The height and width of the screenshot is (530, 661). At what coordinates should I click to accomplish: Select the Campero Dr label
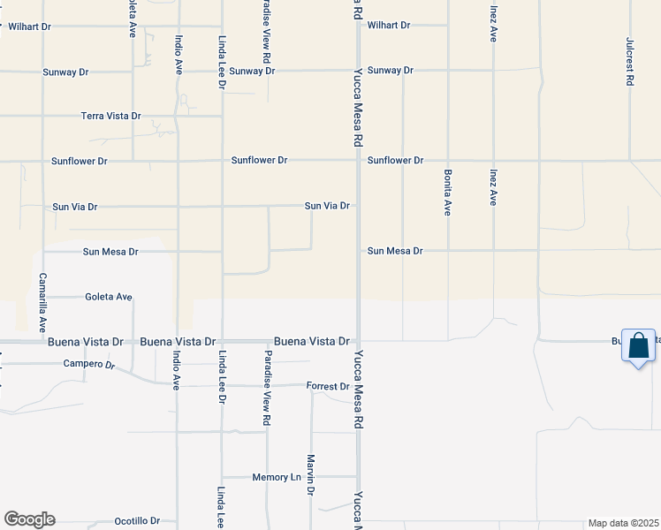pyautogui.click(x=89, y=364)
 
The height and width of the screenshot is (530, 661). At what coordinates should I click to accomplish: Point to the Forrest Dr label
pyautogui.click(x=328, y=386)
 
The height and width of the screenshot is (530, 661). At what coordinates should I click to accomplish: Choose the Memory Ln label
pyautogui.click(x=277, y=477)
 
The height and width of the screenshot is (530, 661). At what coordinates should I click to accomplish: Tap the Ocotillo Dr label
pyautogui.click(x=136, y=521)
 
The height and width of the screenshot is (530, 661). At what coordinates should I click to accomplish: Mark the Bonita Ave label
pyautogui.click(x=448, y=193)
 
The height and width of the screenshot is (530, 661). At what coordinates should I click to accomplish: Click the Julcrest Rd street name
pyautogui.click(x=630, y=61)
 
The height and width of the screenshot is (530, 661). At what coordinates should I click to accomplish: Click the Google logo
pyautogui.click(x=29, y=519)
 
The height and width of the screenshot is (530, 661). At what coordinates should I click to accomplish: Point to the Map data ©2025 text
pyautogui.click(x=623, y=523)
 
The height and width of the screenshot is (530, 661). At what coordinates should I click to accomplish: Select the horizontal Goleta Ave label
pyautogui.click(x=109, y=297)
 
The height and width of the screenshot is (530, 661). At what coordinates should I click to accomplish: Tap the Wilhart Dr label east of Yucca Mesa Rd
pyautogui.click(x=389, y=26)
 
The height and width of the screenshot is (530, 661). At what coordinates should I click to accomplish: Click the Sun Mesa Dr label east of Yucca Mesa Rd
pyautogui.click(x=395, y=251)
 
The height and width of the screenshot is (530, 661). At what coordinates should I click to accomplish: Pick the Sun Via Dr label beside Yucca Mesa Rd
pyautogui.click(x=327, y=206)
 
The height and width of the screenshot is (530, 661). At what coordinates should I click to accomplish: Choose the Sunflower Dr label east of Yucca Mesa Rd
pyautogui.click(x=395, y=161)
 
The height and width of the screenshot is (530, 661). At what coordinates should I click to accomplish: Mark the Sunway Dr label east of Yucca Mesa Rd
pyautogui.click(x=390, y=70)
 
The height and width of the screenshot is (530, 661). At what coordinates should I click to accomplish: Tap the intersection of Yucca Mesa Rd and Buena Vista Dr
pyautogui.click(x=358, y=340)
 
